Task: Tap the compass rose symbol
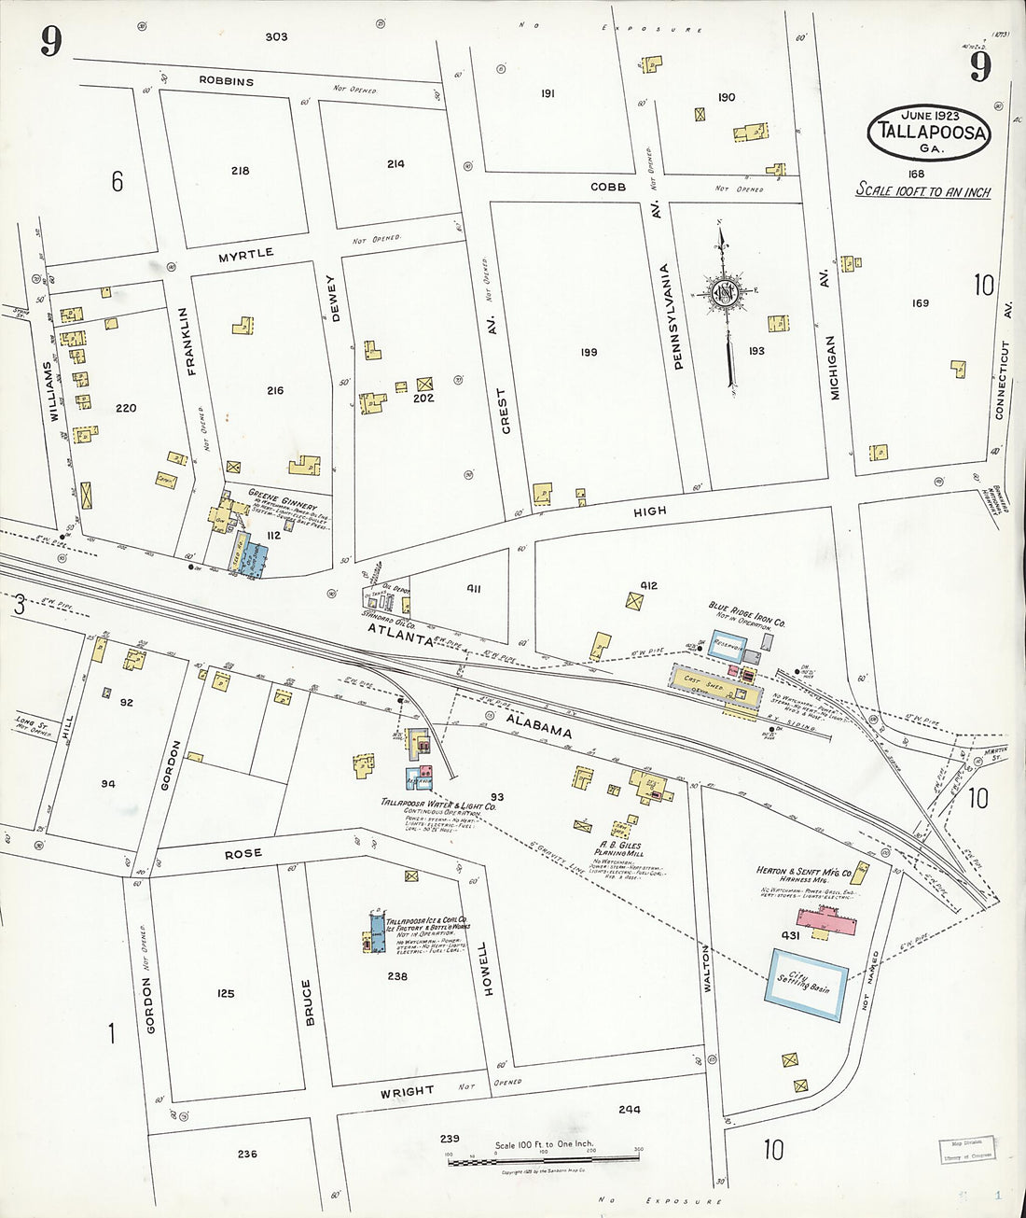724,292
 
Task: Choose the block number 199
588,352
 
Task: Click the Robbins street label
226,81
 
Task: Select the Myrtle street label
246,253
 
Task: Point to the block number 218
241,171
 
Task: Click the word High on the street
650,511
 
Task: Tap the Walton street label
706,967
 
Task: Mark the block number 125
226,994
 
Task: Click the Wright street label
407,1090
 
